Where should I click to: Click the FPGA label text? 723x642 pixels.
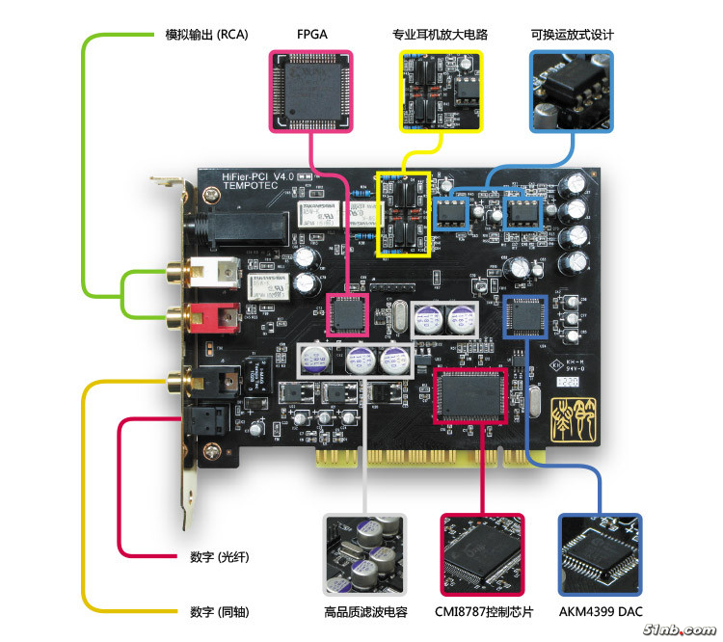click(x=312, y=35)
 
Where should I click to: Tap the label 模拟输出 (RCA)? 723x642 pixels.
click(x=206, y=35)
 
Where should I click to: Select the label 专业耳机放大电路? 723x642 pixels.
click(x=440, y=35)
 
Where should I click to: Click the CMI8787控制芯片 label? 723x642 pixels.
click(x=482, y=611)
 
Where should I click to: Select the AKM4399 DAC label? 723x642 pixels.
click(x=601, y=611)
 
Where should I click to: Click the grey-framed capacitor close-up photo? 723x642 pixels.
click(x=364, y=554)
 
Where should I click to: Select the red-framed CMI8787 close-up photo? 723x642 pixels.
click(x=482, y=554)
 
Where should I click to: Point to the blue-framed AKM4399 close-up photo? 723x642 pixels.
click(x=601, y=554)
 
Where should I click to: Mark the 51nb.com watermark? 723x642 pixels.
click(x=674, y=629)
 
